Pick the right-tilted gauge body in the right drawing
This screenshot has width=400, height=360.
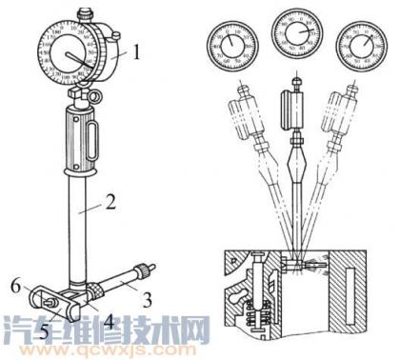(x=347, y=124)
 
